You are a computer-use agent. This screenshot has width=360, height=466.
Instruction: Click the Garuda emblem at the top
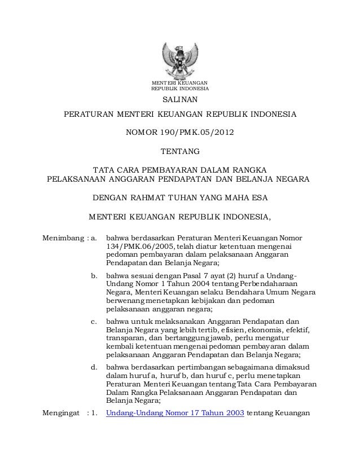tap(180, 59)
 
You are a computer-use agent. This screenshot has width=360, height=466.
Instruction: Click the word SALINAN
tap(180, 101)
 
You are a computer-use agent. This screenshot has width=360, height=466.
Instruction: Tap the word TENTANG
tap(180, 151)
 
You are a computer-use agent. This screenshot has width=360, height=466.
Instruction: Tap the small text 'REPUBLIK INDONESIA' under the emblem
tap(180, 89)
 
